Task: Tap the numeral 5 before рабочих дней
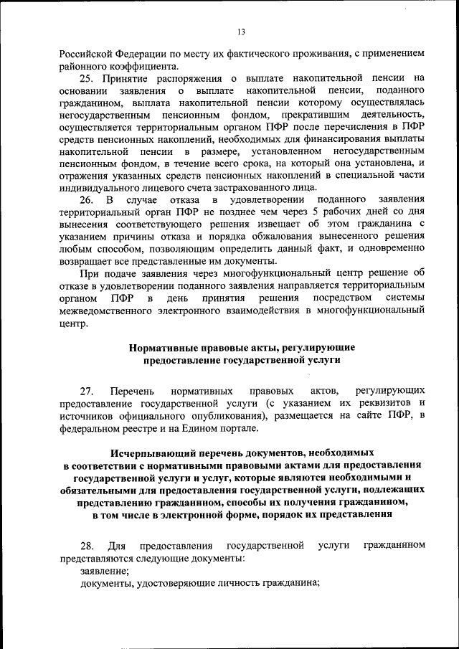(310, 211)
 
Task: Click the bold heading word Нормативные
(163, 347)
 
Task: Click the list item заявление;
(104, 571)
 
